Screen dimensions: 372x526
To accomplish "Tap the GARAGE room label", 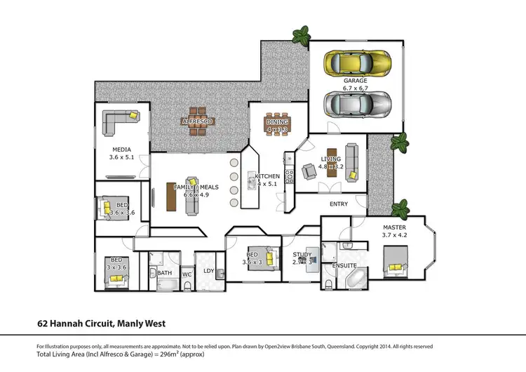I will [x=355, y=81].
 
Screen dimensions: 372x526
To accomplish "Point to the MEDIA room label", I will [x=121, y=150].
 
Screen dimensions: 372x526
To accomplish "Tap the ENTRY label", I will [x=338, y=204].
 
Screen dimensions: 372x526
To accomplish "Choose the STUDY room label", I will [x=302, y=255].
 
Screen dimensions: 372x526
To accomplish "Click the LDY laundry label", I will [x=208, y=270].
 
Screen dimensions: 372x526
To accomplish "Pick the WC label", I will [x=187, y=274].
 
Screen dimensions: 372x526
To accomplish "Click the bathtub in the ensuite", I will [x=355, y=279].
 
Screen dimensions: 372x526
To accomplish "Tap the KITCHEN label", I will [x=267, y=176].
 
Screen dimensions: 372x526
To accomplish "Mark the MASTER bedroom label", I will [x=393, y=228].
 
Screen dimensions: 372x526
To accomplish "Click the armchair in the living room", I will [x=309, y=171].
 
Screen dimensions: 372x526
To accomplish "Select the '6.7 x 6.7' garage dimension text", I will [x=355, y=89].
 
